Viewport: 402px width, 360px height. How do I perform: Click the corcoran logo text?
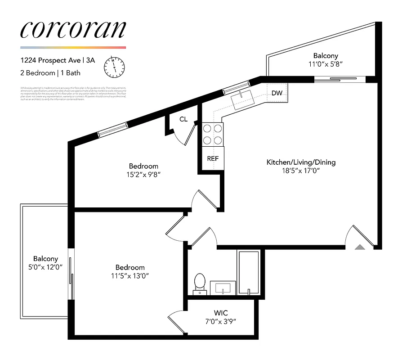(x=73, y=30)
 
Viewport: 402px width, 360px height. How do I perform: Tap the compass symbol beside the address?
(x=114, y=67)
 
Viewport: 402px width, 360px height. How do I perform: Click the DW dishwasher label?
(x=277, y=94)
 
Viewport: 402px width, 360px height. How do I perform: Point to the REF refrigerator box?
(x=213, y=158)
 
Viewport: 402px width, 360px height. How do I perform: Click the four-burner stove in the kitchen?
(x=213, y=134)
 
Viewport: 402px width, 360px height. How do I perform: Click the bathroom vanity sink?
(x=223, y=287)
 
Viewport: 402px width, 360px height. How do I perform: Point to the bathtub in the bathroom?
(x=248, y=273)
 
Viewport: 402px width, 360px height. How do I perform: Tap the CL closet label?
(x=183, y=119)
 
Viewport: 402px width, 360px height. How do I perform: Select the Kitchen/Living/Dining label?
(x=301, y=162)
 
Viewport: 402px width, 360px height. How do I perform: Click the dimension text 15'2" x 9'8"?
(x=143, y=175)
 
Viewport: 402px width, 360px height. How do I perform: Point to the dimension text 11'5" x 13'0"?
(x=130, y=276)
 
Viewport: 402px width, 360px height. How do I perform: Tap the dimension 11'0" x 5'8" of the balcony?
(x=326, y=64)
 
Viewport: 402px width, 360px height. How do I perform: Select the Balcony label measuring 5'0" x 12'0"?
(x=45, y=259)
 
